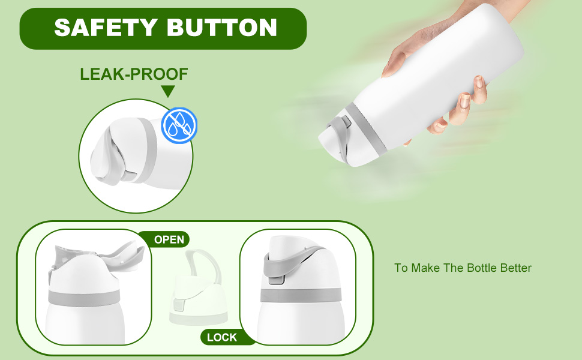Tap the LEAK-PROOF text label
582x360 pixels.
134,74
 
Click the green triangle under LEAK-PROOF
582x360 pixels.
168,91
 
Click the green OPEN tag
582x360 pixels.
169,239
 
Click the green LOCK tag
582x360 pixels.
221,337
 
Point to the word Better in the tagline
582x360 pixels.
515,268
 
